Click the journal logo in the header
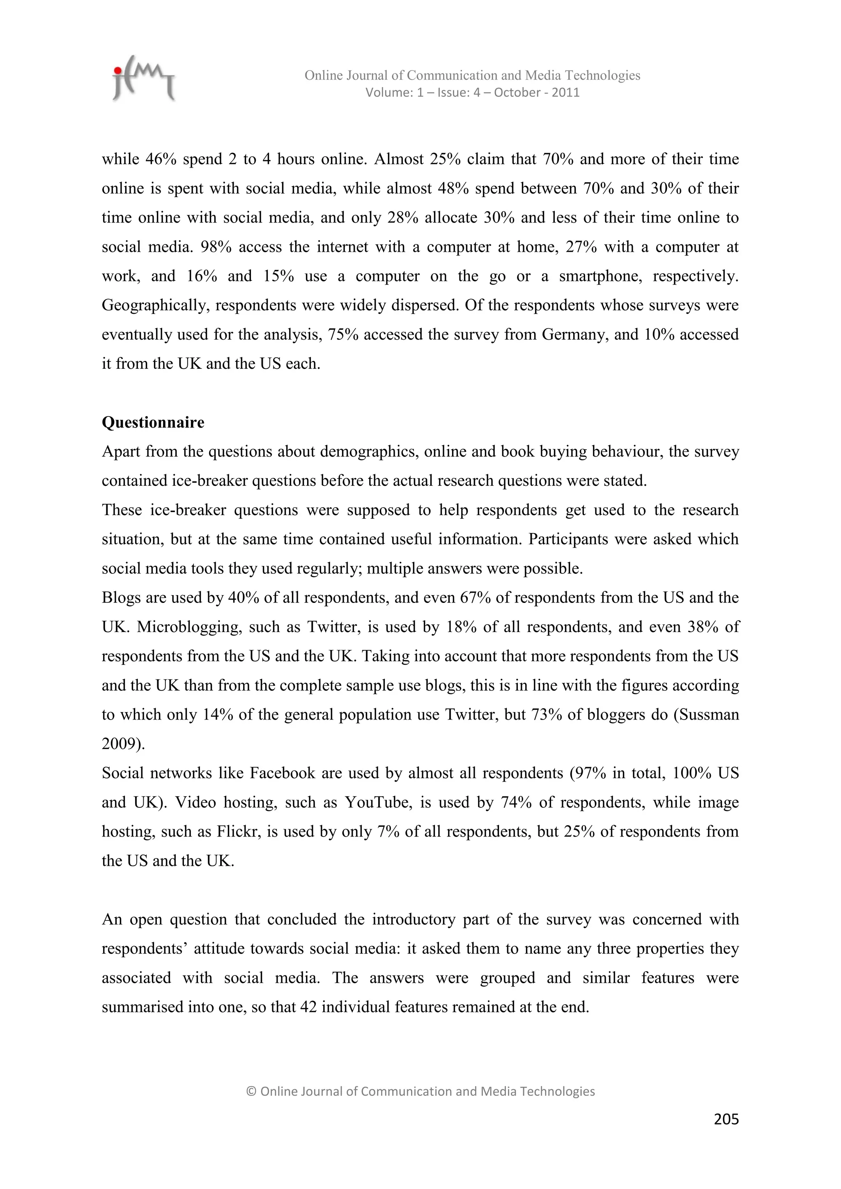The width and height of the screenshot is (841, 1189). point(143,79)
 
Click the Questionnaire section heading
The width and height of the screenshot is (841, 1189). point(153,423)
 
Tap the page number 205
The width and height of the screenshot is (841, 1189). point(726,1119)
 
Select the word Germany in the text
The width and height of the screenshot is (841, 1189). point(573,335)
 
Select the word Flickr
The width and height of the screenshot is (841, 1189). point(238,832)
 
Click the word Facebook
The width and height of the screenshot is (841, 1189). point(282,773)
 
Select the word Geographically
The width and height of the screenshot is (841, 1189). point(154,306)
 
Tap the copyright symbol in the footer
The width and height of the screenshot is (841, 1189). point(251,1092)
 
